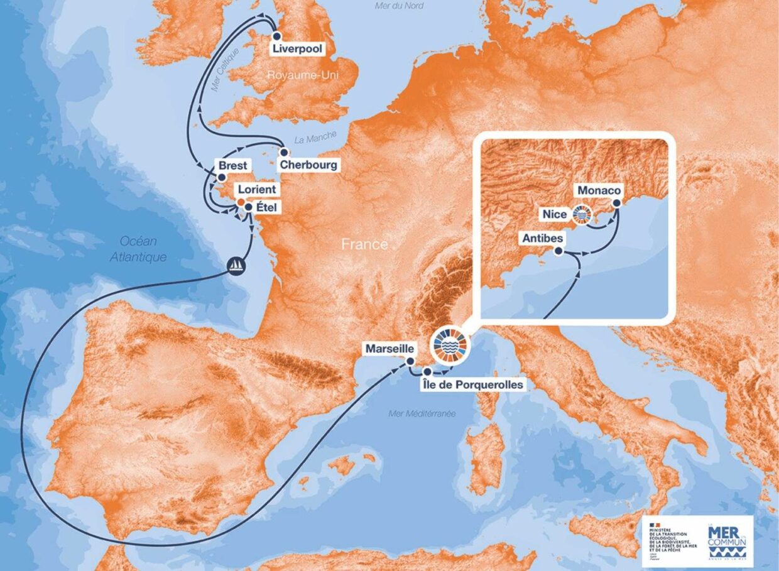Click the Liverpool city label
click(x=297, y=49)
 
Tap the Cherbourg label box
click(x=308, y=165)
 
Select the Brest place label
click(x=233, y=166)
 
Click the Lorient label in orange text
click(x=257, y=188)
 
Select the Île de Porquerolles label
click(x=473, y=384)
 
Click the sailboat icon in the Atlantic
click(x=236, y=266)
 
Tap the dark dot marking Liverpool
click(x=276, y=36)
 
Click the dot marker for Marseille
click(x=410, y=361)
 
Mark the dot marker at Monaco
click(x=616, y=203)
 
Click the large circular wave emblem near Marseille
click(x=450, y=345)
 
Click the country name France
click(x=364, y=244)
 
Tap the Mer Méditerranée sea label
click(x=422, y=413)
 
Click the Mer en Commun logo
click(x=726, y=539)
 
